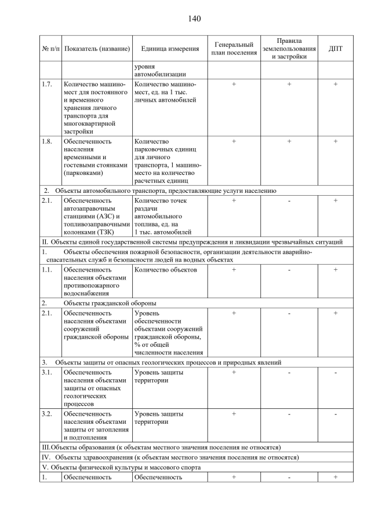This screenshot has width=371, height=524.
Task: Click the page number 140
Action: pyautogui.click(x=194, y=19)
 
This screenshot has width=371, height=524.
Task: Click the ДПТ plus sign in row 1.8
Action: pyautogui.click(x=335, y=141)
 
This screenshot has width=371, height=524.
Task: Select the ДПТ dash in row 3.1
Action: pyautogui.click(x=335, y=372)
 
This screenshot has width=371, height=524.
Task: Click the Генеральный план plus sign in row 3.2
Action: pyautogui.click(x=234, y=414)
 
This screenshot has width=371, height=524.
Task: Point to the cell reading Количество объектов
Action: pyautogui.click(x=166, y=270)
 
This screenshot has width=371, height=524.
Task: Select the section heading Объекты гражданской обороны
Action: pyautogui.click(x=110, y=303)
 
